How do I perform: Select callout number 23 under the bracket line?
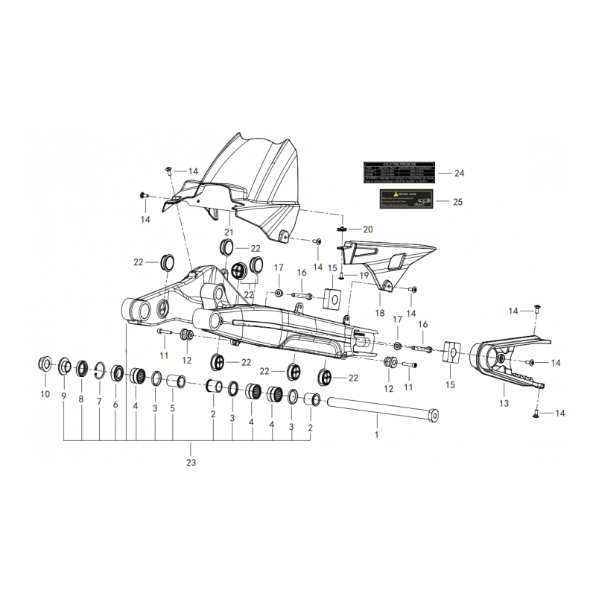pyautogui.click(x=191, y=462)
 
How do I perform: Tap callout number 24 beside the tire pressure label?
pyautogui.click(x=459, y=173)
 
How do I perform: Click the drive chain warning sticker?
pyautogui.click(x=407, y=199)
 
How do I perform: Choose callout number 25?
pyautogui.click(x=459, y=202)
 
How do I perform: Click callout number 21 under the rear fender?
pyautogui.click(x=229, y=232)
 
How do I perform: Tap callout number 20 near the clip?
pyautogui.click(x=367, y=229)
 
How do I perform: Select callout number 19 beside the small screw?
pyautogui.click(x=364, y=276)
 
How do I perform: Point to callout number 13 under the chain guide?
pyautogui.click(x=504, y=403)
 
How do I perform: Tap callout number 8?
pyautogui.click(x=81, y=399)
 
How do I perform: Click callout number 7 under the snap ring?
pyautogui.click(x=99, y=401)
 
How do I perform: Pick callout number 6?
pyautogui.click(x=115, y=405)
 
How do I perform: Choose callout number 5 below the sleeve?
pyautogui.click(x=173, y=408)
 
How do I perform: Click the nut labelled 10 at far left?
pyautogui.click(x=44, y=365)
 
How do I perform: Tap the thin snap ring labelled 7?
pyautogui.click(x=99, y=370)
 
